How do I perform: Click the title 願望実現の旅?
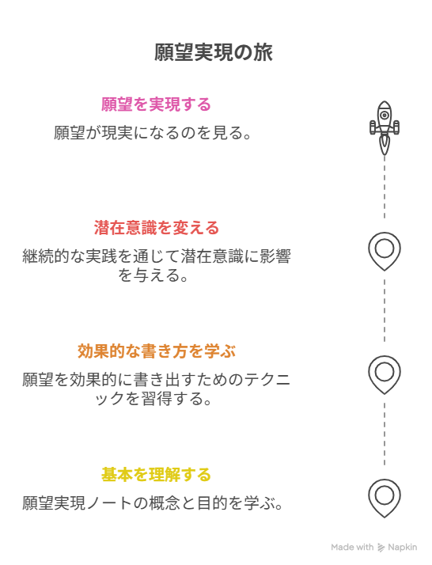coord(214,52)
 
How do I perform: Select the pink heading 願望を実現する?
coord(156,104)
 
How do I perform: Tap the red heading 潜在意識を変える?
coord(157,228)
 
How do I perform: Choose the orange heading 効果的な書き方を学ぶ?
coord(157,351)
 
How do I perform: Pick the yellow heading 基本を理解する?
coord(156,475)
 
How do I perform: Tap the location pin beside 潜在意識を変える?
coord(385,252)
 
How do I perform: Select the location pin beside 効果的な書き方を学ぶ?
coord(385,375)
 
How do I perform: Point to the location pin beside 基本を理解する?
coord(385,499)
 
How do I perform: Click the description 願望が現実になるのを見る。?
coord(153,133)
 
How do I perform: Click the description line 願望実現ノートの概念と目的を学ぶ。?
coord(153,503)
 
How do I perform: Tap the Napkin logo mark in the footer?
coord(381,548)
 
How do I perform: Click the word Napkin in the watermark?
coord(403,548)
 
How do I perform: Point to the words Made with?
coord(352,548)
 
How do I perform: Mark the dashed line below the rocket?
coord(385,187)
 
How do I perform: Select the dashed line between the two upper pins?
coord(385,311)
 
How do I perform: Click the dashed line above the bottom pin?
coord(385,434)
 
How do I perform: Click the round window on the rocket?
coord(385,116)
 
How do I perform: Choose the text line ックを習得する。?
coord(153,399)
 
